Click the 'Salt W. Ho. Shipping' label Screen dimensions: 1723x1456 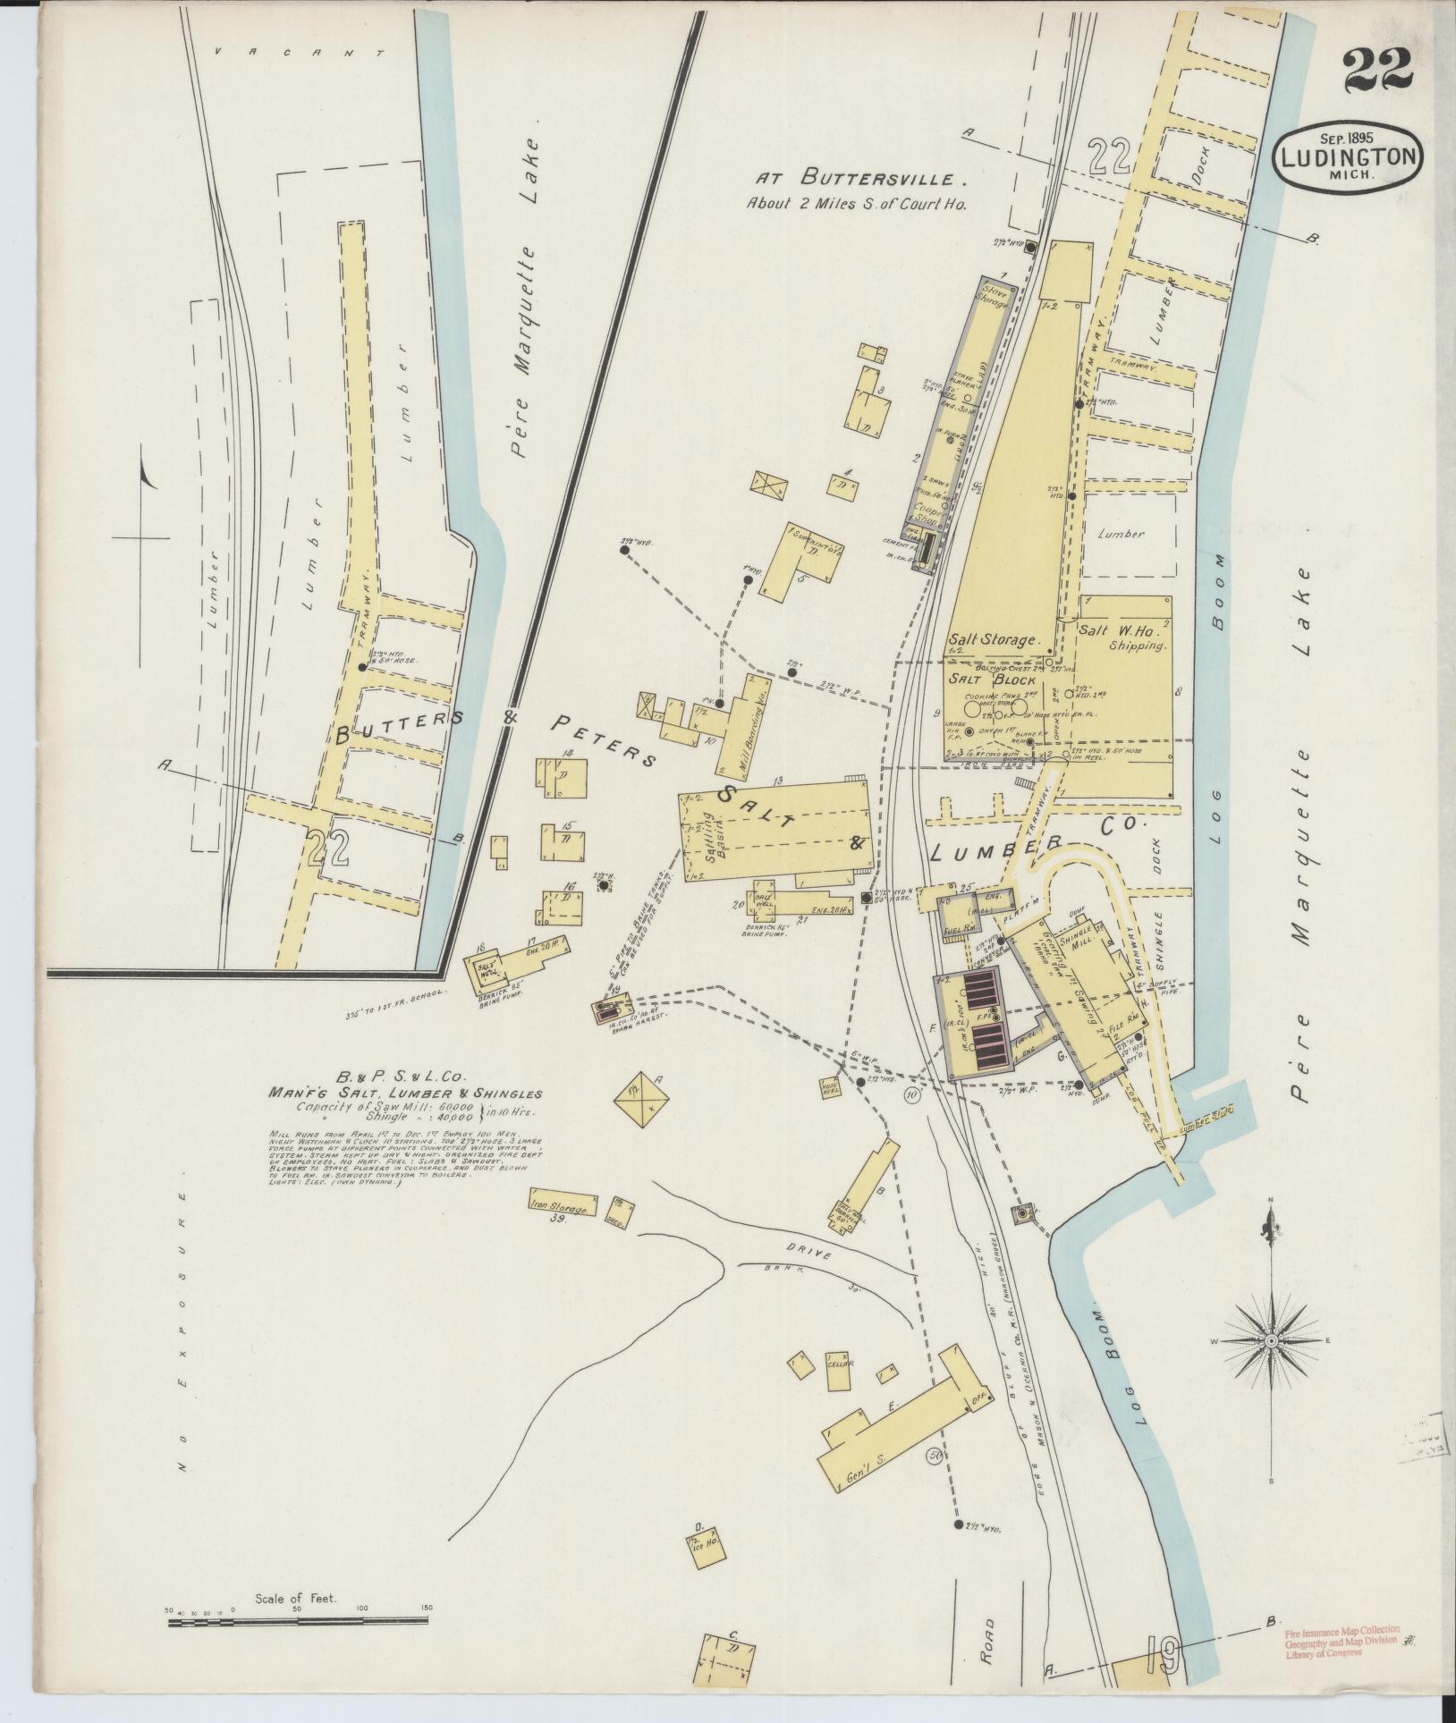coord(1125,637)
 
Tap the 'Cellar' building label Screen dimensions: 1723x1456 coord(839,1389)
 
